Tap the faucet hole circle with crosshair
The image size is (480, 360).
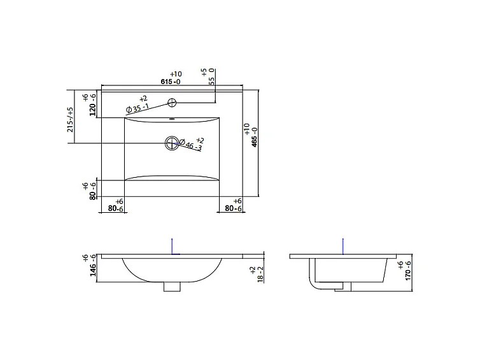[172, 103]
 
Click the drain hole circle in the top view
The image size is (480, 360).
[171, 143]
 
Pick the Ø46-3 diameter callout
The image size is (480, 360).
[191, 145]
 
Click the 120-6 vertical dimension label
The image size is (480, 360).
[92, 105]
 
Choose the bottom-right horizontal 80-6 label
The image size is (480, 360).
[234, 208]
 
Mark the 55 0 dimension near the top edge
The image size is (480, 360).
[212, 75]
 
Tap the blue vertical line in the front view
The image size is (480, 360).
[171, 246]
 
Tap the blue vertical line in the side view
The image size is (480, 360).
[343, 246]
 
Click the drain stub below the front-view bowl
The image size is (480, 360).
[171, 287]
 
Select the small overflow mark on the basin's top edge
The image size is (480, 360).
[171, 119]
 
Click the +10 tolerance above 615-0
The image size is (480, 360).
[176, 74]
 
